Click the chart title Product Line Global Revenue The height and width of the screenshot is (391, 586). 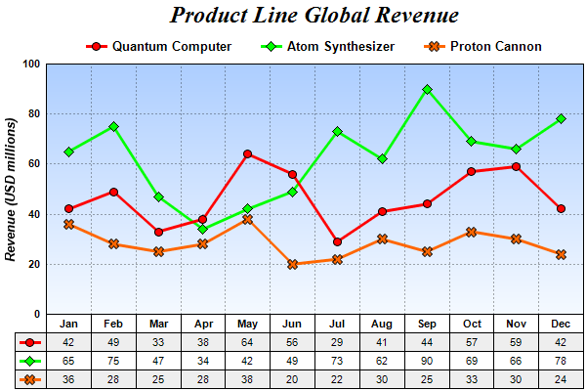click(314, 16)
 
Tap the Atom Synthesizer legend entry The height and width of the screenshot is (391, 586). click(328, 46)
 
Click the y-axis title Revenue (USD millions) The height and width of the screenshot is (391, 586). click(12, 189)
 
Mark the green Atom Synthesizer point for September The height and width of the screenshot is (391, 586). click(427, 89)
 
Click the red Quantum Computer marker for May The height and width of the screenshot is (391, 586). click(248, 153)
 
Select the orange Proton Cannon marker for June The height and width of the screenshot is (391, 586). click(293, 264)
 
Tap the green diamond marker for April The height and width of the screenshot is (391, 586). click(203, 229)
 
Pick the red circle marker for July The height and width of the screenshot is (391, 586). click(338, 241)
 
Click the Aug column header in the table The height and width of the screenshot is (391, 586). click(382, 324)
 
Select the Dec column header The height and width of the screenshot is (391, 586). click(561, 324)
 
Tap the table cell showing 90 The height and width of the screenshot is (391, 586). click(427, 361)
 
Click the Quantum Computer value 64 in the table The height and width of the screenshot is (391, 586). click(248, 342)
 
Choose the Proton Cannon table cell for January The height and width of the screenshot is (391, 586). click(68, 378)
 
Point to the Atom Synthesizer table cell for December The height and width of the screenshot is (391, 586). click(561, 361)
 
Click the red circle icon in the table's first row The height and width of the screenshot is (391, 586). click(30, 342)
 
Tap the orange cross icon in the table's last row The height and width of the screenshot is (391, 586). click(30, 378)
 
